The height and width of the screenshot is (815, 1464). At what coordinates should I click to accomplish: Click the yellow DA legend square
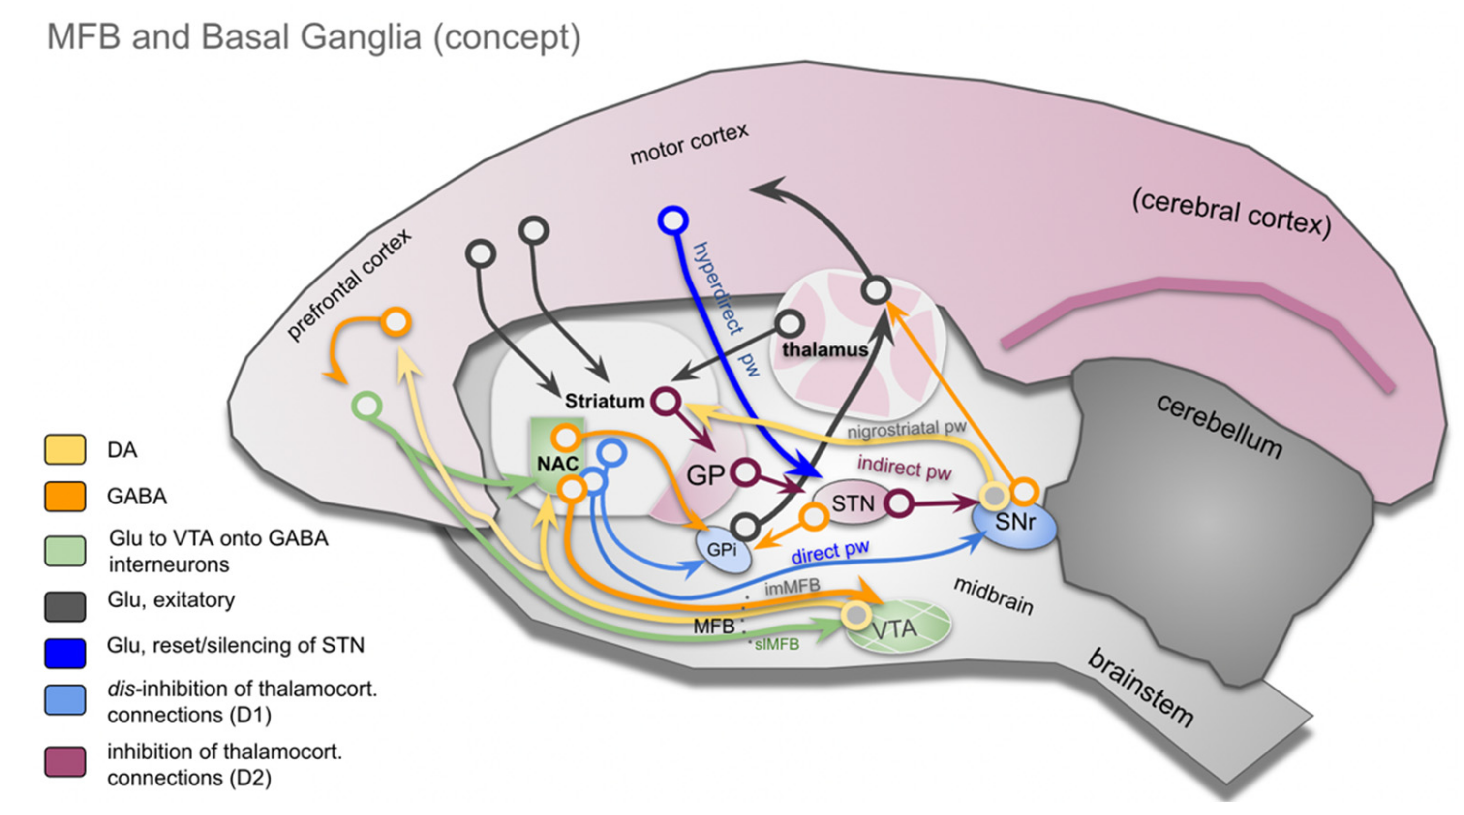(x=65, y=450)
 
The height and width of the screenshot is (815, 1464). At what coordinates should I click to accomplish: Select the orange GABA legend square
(x=65, y=496)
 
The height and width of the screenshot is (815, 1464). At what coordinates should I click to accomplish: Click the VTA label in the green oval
(x=894, y=629)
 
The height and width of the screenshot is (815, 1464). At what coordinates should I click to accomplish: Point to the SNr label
(x=1015, y=522)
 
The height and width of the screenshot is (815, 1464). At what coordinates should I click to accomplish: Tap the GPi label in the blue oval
(x=721, y=550)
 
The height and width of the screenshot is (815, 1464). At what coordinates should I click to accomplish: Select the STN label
(x=853, y=503)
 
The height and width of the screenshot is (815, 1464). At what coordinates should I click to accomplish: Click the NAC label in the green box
(x=557, y=464)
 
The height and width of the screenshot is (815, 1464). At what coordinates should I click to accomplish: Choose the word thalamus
(x=824, y=349)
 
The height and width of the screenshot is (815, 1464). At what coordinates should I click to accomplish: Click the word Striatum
(x=604, y=401)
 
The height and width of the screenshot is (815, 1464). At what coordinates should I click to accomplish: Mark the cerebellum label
(x=1219, y=427)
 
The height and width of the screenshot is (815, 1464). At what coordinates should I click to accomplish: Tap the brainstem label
(x=1140, y=688)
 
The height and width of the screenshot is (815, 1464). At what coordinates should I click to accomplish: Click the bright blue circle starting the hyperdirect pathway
(x=673, y=220)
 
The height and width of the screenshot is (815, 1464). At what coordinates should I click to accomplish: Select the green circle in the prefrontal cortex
(x=366, y=406)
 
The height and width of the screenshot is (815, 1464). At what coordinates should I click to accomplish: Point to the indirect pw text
(x=904, y=468)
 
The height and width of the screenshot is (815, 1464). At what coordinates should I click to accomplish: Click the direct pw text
(x=830, y=552)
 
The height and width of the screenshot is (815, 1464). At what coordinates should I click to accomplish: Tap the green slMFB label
(x=776, y=644)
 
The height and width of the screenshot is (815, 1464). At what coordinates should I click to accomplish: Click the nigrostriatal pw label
(x=906, y=429)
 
